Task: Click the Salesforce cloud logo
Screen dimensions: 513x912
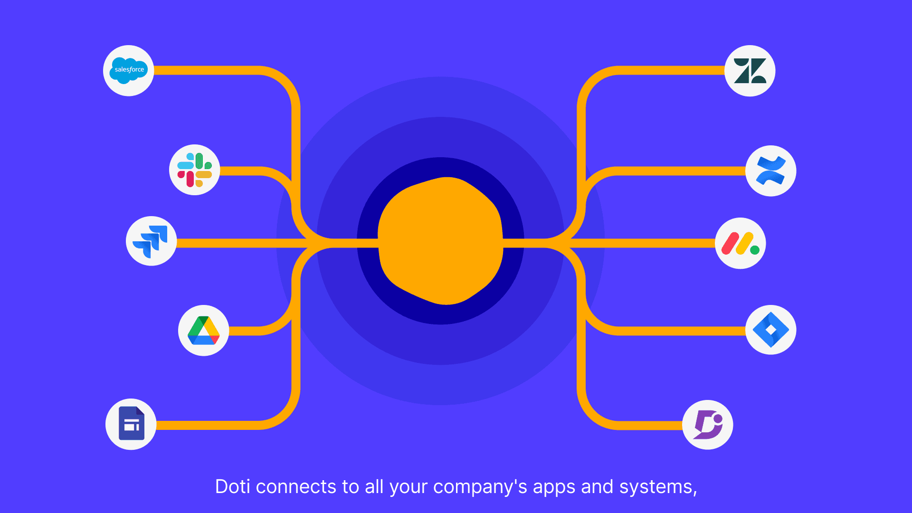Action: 128,70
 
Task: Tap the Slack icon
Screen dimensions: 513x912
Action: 195,170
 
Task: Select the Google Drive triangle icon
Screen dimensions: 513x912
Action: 203,331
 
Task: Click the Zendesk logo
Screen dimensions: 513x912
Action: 750,71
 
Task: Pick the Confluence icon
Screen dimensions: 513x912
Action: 770,171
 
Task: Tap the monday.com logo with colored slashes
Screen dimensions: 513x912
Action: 740,244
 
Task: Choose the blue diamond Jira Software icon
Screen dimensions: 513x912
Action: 770,330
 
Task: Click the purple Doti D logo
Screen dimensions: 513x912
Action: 708,425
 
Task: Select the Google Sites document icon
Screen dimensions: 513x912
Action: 131,424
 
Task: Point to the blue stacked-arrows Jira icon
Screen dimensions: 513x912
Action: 151,241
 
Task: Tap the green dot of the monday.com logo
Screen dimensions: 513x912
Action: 755,250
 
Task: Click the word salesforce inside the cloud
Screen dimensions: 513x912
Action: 129,69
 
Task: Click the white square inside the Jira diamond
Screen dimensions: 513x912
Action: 770,330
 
